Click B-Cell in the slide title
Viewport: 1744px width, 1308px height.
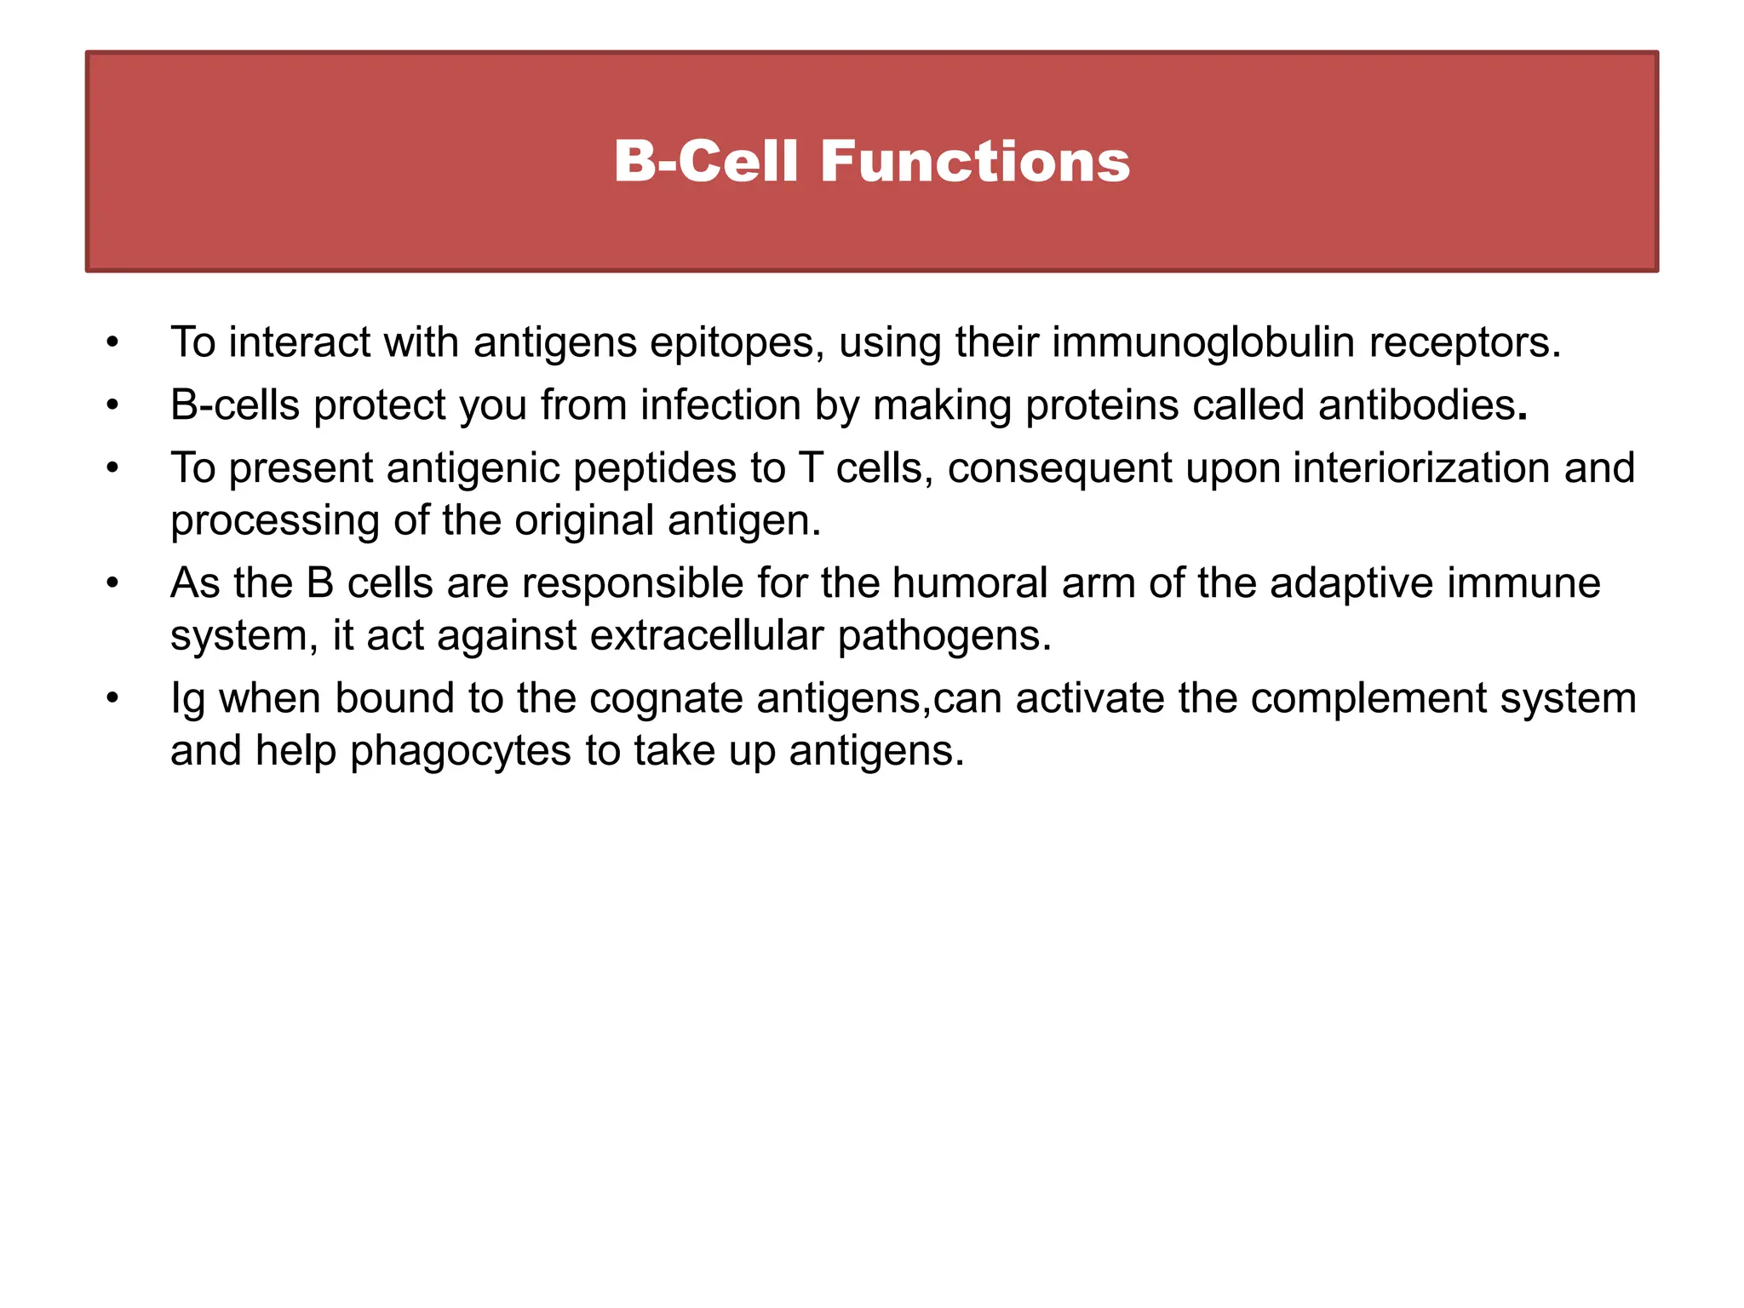(706, 162)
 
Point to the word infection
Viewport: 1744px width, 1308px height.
(720, 405)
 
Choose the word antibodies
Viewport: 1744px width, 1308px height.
(1417, 405)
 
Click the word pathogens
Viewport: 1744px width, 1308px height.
(944, 637)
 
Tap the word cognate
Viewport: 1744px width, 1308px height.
(666, 699)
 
